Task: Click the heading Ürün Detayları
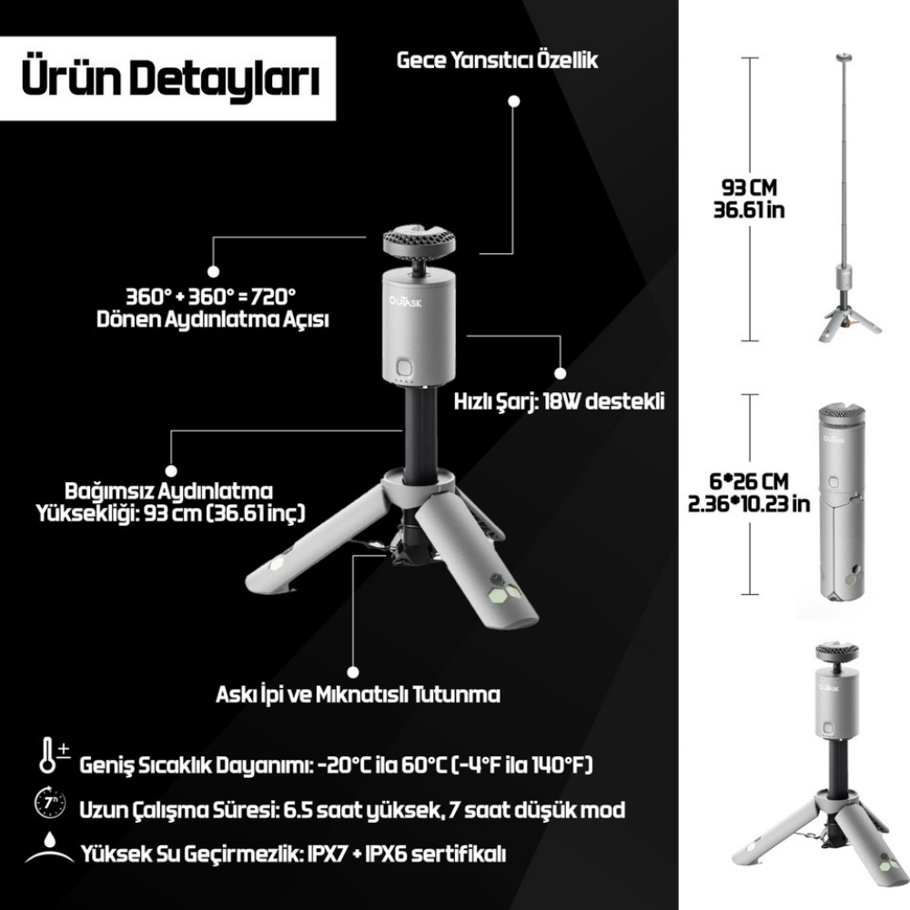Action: pyautogui.click(x=171, y=78)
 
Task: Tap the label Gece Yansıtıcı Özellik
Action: pyautogui.click(x=498, y=60)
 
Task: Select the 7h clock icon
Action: pyautogui.click(x=50, y=803)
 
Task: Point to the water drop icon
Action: pyautogui.click(x=50, y=848)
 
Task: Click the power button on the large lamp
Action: pyautogui.click(x=404, y=368)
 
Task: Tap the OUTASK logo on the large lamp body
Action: pyautogui.click(x=406, y=302)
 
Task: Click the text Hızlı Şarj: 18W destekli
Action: pyautogui.click(x=559, y=401)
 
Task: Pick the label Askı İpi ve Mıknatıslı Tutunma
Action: pyautogui.click(x=358, y=694)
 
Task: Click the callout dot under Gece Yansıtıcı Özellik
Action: pyautogui.click(x=513, y=101)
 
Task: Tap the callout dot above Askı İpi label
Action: pyautogui.click(x=353, y=672)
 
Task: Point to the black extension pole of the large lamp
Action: pyautogui.click(x=420, y=435)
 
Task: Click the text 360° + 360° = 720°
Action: pyautogui.click(x=211, y=297)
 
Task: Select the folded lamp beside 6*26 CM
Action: pyautogui.click(x=842, y=508)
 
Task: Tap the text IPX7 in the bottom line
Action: pyautogui.click(x=326, y=854)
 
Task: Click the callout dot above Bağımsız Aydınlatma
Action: pyautogui.click(x=171, y=471)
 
